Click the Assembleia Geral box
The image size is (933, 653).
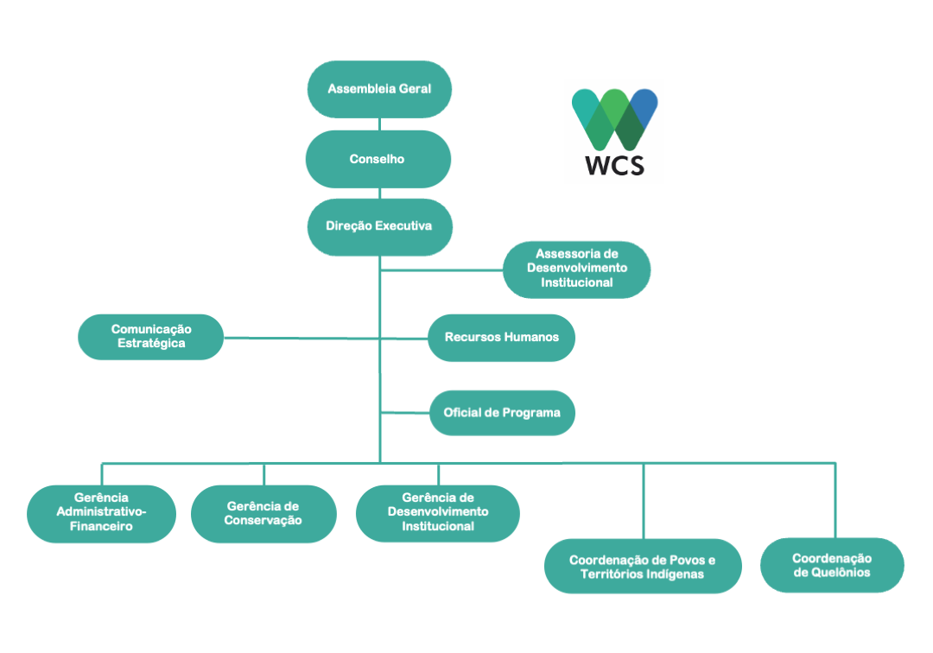pyautogui.click(x=379, y=89)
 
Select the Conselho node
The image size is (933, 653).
pyautogui.click(x=378, y=159)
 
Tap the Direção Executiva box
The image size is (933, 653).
pyautogui.click(x=379, y=226)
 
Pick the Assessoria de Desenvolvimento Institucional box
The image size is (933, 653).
pyautogui.click(x=576, y=269)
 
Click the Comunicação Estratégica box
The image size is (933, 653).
pyautogui.click(x=151, y=336)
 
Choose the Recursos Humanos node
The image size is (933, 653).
pyautogui.click(x=501, y=337)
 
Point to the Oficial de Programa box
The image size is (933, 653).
pyautogui.click(x=502, y=413)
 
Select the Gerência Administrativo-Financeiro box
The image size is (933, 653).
pyautogui.click(x=102, y=512)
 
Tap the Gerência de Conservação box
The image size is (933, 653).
pyautogui.click(x=263, y=513)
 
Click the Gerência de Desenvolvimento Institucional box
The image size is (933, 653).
pyautogui.click(x=438, y=512)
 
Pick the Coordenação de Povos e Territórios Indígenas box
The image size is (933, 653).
pyautogui.click(x=643, y=567)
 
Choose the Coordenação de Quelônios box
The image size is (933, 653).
pyautogui.click(x=832, y=565)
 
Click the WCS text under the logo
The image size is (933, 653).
pyautogui.click(x=615, y=165)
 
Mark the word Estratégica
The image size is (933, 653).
pyautogui.click(x=151, y=343)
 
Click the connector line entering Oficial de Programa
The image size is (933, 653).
pyautogui.click(x=405, y=413)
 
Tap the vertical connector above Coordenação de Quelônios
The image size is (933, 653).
pyautogui.click(x=835, y=500)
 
